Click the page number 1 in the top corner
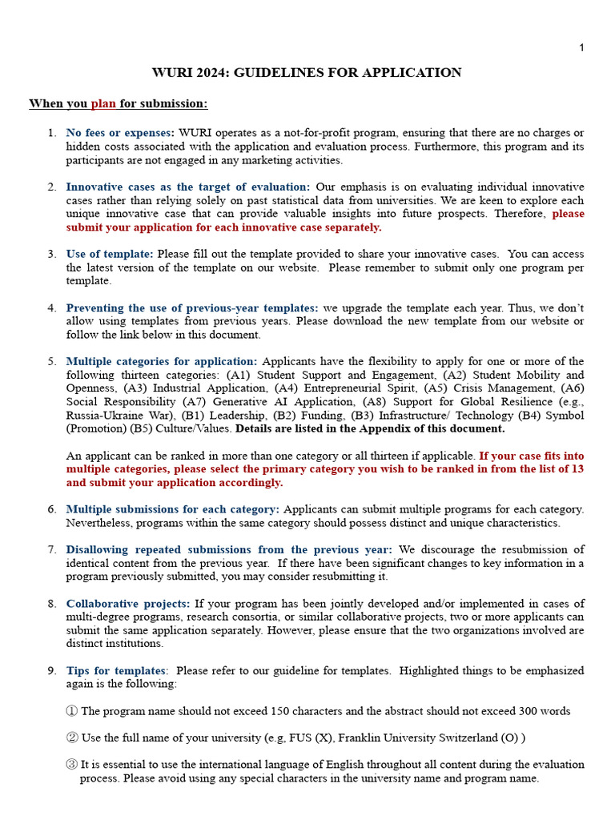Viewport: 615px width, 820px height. point(581,48)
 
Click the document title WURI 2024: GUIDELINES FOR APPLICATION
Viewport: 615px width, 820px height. point(307,73)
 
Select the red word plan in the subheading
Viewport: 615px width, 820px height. point(103,103)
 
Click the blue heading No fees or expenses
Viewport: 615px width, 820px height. point(119,133)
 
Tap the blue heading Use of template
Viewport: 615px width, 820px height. point(110,254)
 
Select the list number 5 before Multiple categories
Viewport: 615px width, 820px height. point(52,361)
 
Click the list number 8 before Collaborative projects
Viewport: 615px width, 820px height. point(52,603)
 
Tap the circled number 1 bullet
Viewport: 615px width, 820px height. point(72,711)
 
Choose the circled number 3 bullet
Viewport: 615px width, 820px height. point(72,765)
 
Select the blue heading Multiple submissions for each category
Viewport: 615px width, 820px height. point(173,509)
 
